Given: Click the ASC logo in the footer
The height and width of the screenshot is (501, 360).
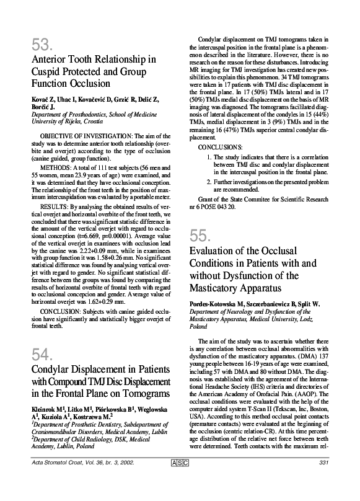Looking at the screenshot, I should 177,481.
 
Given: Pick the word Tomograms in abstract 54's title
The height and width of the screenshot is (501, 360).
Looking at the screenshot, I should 144,394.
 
